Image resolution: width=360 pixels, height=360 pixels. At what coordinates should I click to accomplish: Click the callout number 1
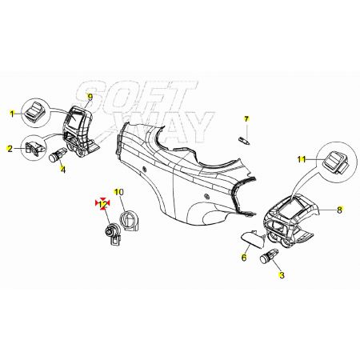pyautogui.click(x=12, y=114)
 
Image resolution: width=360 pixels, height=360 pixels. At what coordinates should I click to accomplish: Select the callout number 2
pyautogui.click(x=10, y=149)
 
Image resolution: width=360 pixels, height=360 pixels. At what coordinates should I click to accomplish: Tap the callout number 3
pyautogui.click(x=282, y=275)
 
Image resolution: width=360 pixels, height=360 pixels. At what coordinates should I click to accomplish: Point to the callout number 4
pyautogui.click(x=62, y=170)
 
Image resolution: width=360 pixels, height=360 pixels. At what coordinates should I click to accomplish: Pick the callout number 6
pyautogui.click(x=244, y=258)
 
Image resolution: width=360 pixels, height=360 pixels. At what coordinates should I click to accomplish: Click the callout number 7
pyautogui.click(x=246, y=118)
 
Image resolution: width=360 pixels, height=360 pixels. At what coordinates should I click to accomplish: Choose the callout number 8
pyautogui.click(x=339, y=210)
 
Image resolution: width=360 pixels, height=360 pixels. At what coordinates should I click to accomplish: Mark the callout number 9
pyautogui.click(x=90, y=97)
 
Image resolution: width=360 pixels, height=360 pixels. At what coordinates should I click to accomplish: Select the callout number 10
pyautogui.click(x=119, y=192)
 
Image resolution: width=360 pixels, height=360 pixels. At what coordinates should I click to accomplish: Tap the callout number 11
pyautogui.click(x=302, y=159)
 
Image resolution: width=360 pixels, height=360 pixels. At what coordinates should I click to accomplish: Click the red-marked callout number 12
pyautogui.click(x=102, y=204)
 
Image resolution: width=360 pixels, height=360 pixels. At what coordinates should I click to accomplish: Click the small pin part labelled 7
pyautogui.click(x=244, y=140)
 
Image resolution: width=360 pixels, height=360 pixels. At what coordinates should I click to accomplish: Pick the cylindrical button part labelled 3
pyautogui.click(x=269, y=255)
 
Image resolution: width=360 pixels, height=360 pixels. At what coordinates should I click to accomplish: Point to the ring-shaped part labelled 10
pyautogui.click(x=130, y=221)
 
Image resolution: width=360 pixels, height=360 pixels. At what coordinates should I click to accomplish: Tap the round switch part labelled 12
pyautogui.click(x=113, y=234)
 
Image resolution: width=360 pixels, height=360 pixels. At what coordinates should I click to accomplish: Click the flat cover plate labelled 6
pyautogui.click(x=252, y=239)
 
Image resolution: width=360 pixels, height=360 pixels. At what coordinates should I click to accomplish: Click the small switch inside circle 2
pyautogui.click(x=34, y=148)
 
